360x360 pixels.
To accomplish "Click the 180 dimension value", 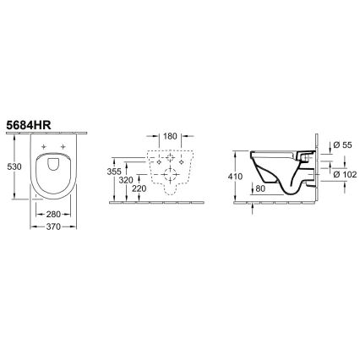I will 169,135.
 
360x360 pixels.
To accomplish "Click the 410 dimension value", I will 236,177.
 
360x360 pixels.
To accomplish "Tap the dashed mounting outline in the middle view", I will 169,169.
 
